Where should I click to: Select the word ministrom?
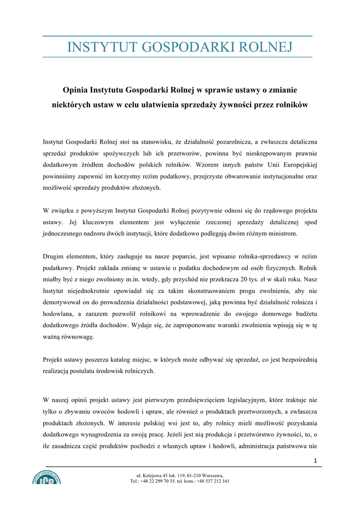pyautogui.click(x=282, y=233)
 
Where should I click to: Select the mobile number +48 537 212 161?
pyautogui.click(x=213, y=481)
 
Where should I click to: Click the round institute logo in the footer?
pyautogui.click(x=47, y=478)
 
